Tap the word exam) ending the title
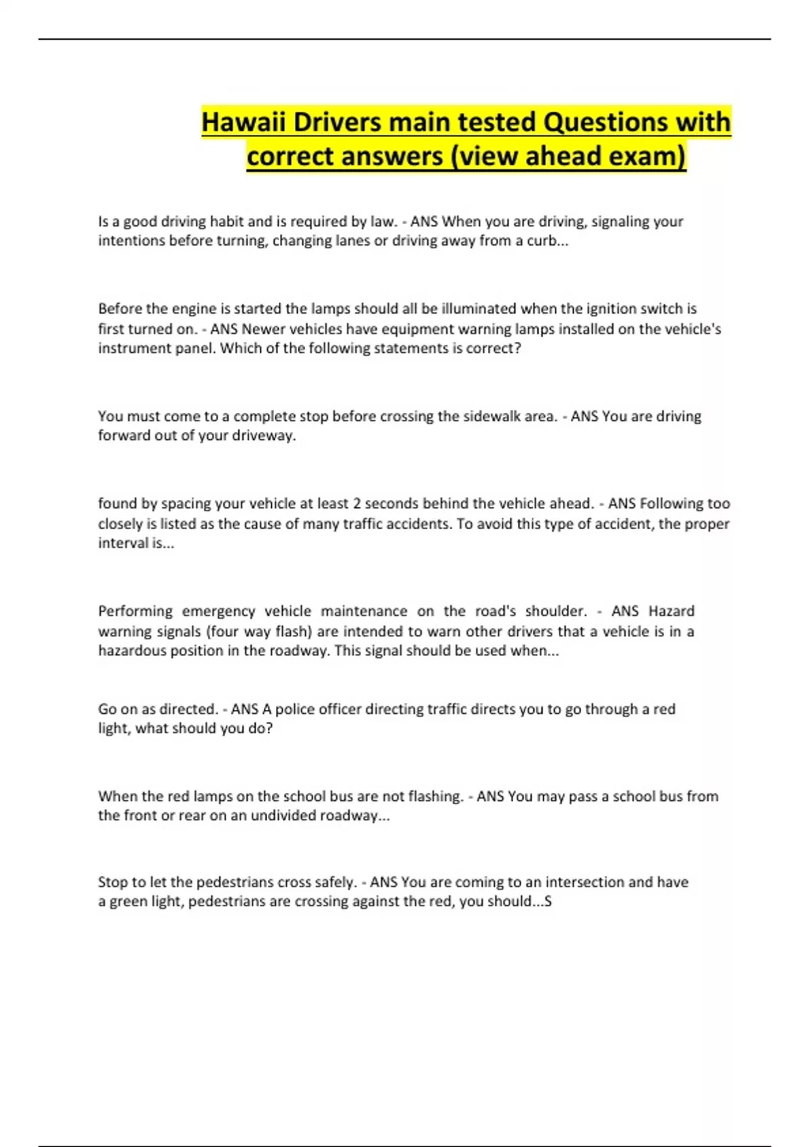point(647,157)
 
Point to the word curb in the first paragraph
point(542,241)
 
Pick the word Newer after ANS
point(263,329)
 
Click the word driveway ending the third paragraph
point(263,436)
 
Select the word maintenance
point(364,611)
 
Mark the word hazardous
point(132,650)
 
